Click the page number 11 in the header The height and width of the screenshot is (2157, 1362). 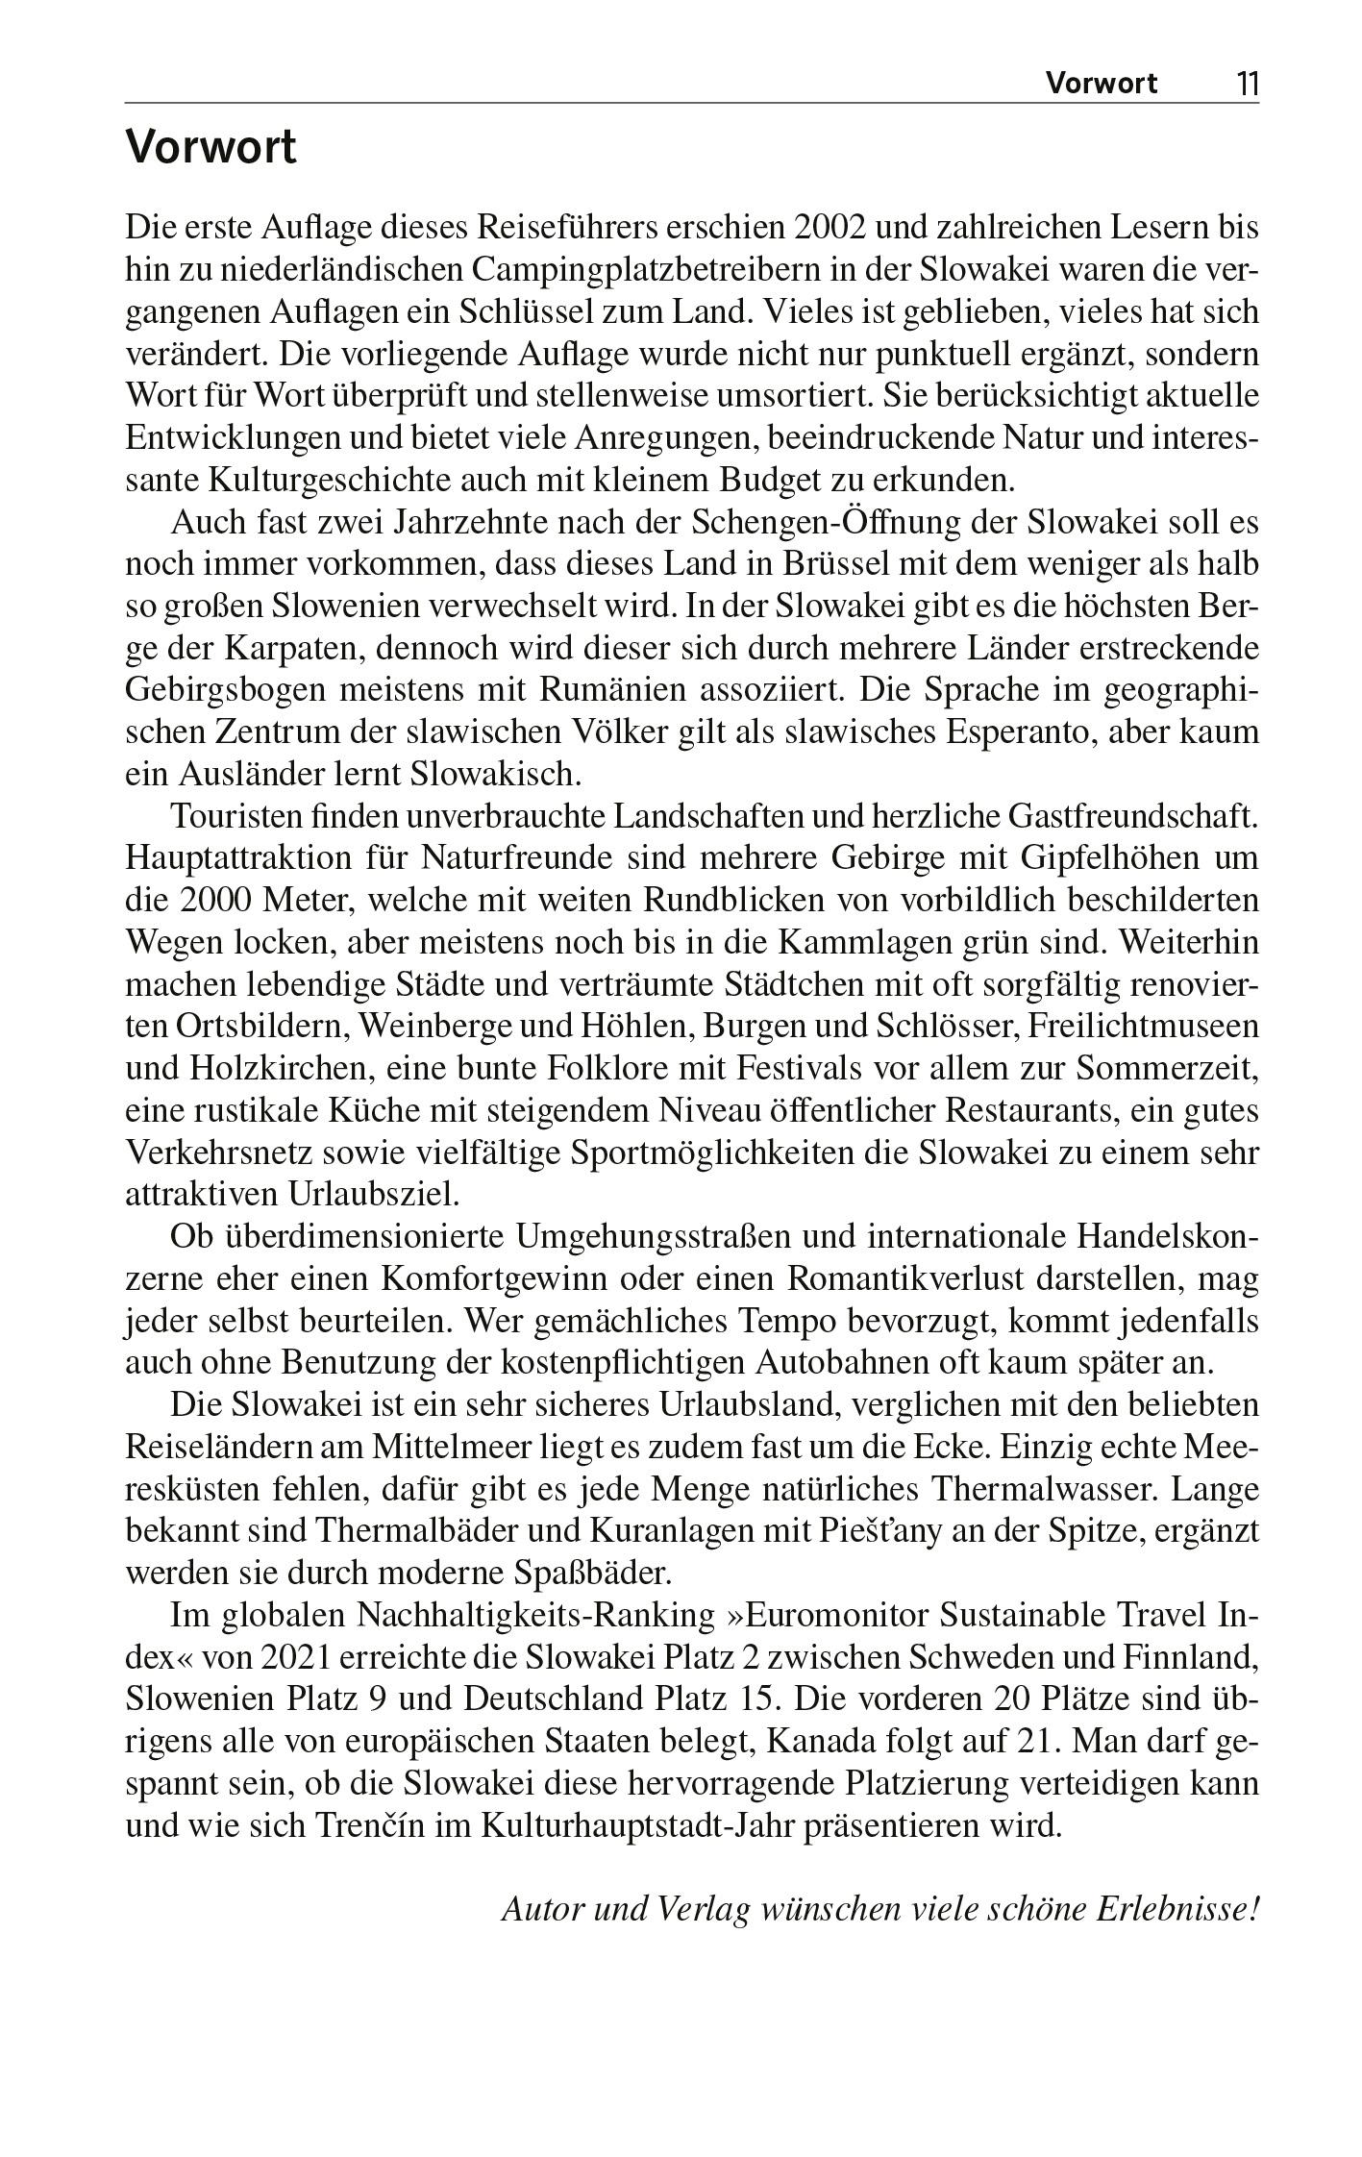coord(1246,84)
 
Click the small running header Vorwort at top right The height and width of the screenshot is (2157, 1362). coord(1102,84)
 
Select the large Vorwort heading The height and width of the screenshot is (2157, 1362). coord(211,149)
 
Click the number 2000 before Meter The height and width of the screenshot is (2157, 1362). coord(218,901)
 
